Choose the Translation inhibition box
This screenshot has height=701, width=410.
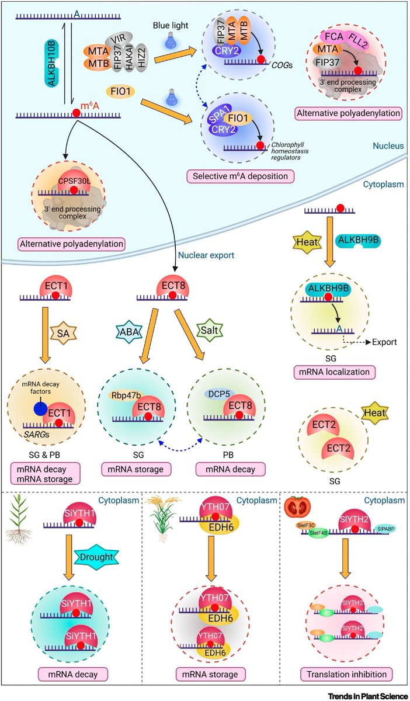pyautogui.click(x=344, y=674)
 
